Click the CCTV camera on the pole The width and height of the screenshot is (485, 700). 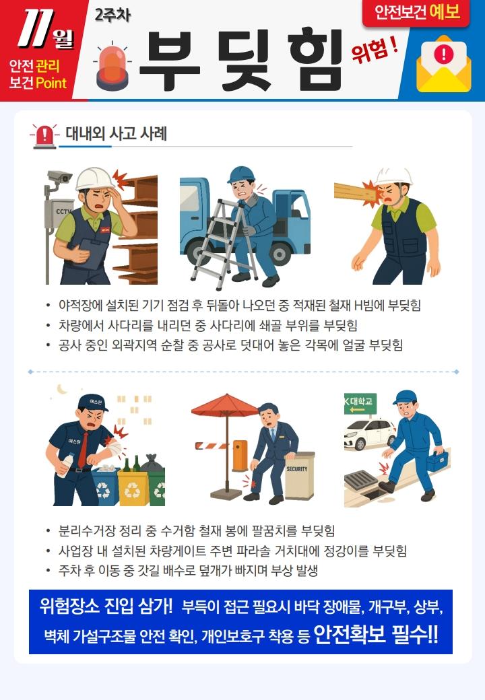tap(60, 177)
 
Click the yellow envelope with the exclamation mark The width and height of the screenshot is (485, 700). tap(443, 64)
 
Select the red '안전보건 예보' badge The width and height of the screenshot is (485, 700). tap(416, 12)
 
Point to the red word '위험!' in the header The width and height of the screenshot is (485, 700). tap(374, 50)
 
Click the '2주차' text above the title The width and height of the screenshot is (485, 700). tap(112, 15)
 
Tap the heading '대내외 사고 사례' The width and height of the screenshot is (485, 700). tap(116, 133)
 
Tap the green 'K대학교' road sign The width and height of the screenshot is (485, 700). tap(360, 404)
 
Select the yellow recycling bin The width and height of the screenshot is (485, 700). tap(133, 488)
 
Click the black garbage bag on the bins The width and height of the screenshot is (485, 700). tap(152, 463)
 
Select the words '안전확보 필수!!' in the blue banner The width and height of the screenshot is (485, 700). tap(376, 634)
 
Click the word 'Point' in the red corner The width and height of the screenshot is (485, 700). tap(51, 83)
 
